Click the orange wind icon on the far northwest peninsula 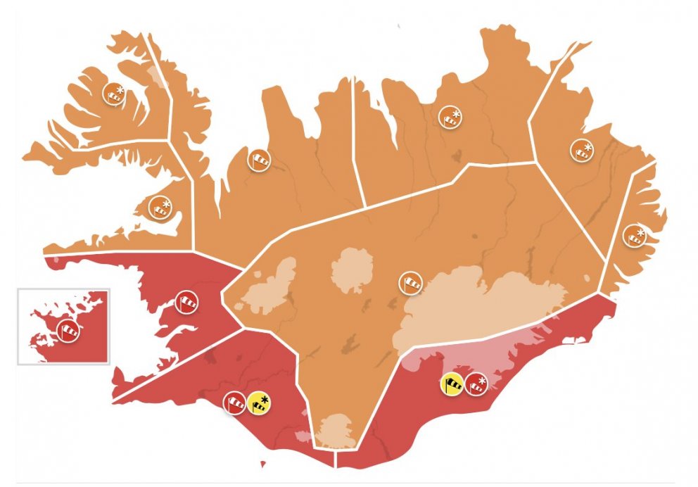pyautogui.click(x=114, y=93)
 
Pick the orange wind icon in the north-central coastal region pyautogui.click(x=450, y=117)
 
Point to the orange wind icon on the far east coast pyautogui.click(x=635, y=236)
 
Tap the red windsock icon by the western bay pyautogui.click(x=186, y=303)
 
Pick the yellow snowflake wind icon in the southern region pyautogui.click(x=258, y=403)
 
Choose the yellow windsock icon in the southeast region pyautogui.click(x=452, y=384)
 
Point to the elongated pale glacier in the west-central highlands pyautogui.click(x=271, y=285)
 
